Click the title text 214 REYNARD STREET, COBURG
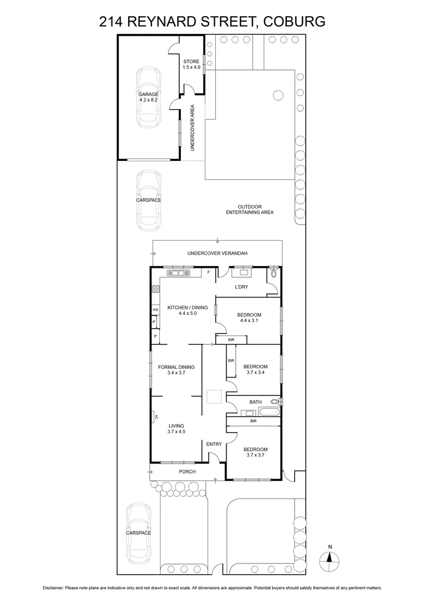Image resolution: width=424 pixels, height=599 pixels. pos(212,22)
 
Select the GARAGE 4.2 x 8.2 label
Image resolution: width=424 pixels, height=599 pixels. pos(148,97)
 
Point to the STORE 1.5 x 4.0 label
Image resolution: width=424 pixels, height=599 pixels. pos(191,64)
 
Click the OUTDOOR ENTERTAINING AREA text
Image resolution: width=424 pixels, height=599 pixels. pos(249,209)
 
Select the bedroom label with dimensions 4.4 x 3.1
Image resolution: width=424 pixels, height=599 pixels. pos(250,318)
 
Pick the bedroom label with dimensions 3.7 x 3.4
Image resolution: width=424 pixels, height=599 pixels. pos(255,369)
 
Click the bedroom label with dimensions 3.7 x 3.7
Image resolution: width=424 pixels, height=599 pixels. pos(255,453)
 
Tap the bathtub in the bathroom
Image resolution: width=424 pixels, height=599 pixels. pos(270,412)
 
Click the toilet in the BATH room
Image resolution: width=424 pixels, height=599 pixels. pos(274,402)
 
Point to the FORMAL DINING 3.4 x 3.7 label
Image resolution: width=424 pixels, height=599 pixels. pos(171,370)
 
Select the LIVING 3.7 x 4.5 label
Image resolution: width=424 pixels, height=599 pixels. pos(176,429)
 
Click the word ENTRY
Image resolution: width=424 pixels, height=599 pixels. pos(214,444)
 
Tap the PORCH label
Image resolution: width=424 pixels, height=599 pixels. pos(187,472)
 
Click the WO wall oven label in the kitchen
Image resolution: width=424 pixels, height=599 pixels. pos(155,309)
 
